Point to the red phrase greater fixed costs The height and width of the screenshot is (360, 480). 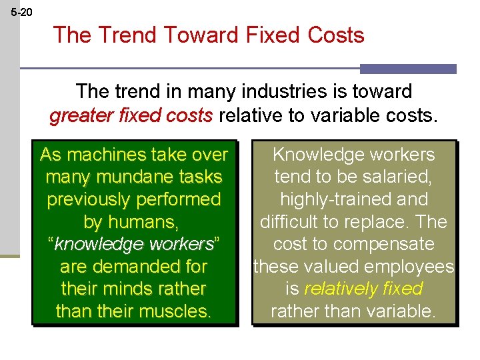(x=131, y=115)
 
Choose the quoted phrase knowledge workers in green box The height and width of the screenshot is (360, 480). (x=134, y=244)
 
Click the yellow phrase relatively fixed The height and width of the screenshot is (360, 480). (x=363, y=289)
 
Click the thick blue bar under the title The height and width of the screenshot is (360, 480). (x=408, y=69)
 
